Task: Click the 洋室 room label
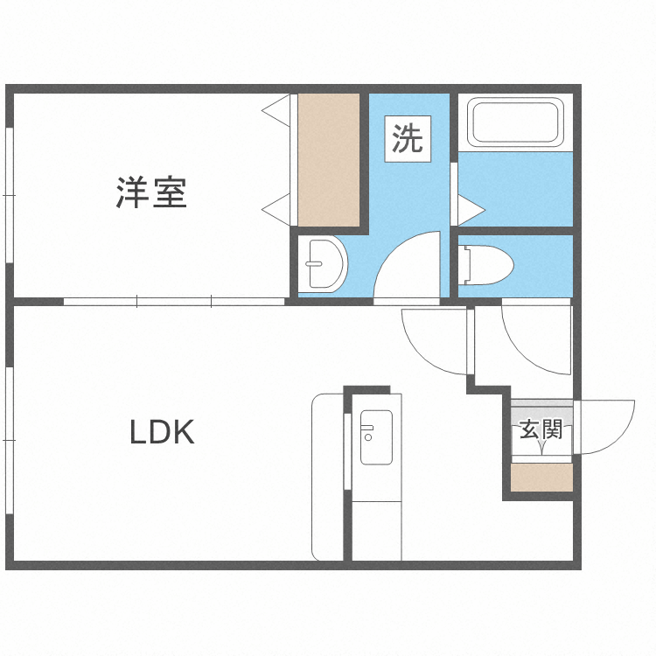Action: click(x=152, y=192)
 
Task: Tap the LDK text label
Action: click(x=162, y=432)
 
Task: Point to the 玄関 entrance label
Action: click(x=541, y=429)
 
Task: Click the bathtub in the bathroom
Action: click(x=514, y=122)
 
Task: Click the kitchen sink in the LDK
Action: click(x=376, y=436)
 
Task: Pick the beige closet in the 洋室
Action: click(x=329, y=159)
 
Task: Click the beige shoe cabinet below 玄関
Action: click(x=541, y=478)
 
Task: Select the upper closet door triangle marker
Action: click(x=278, y=110)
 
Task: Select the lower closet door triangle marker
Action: click(x=278, y=208)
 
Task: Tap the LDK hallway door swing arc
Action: click(x=435, y=340)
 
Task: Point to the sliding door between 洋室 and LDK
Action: click(x=175, y=302)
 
